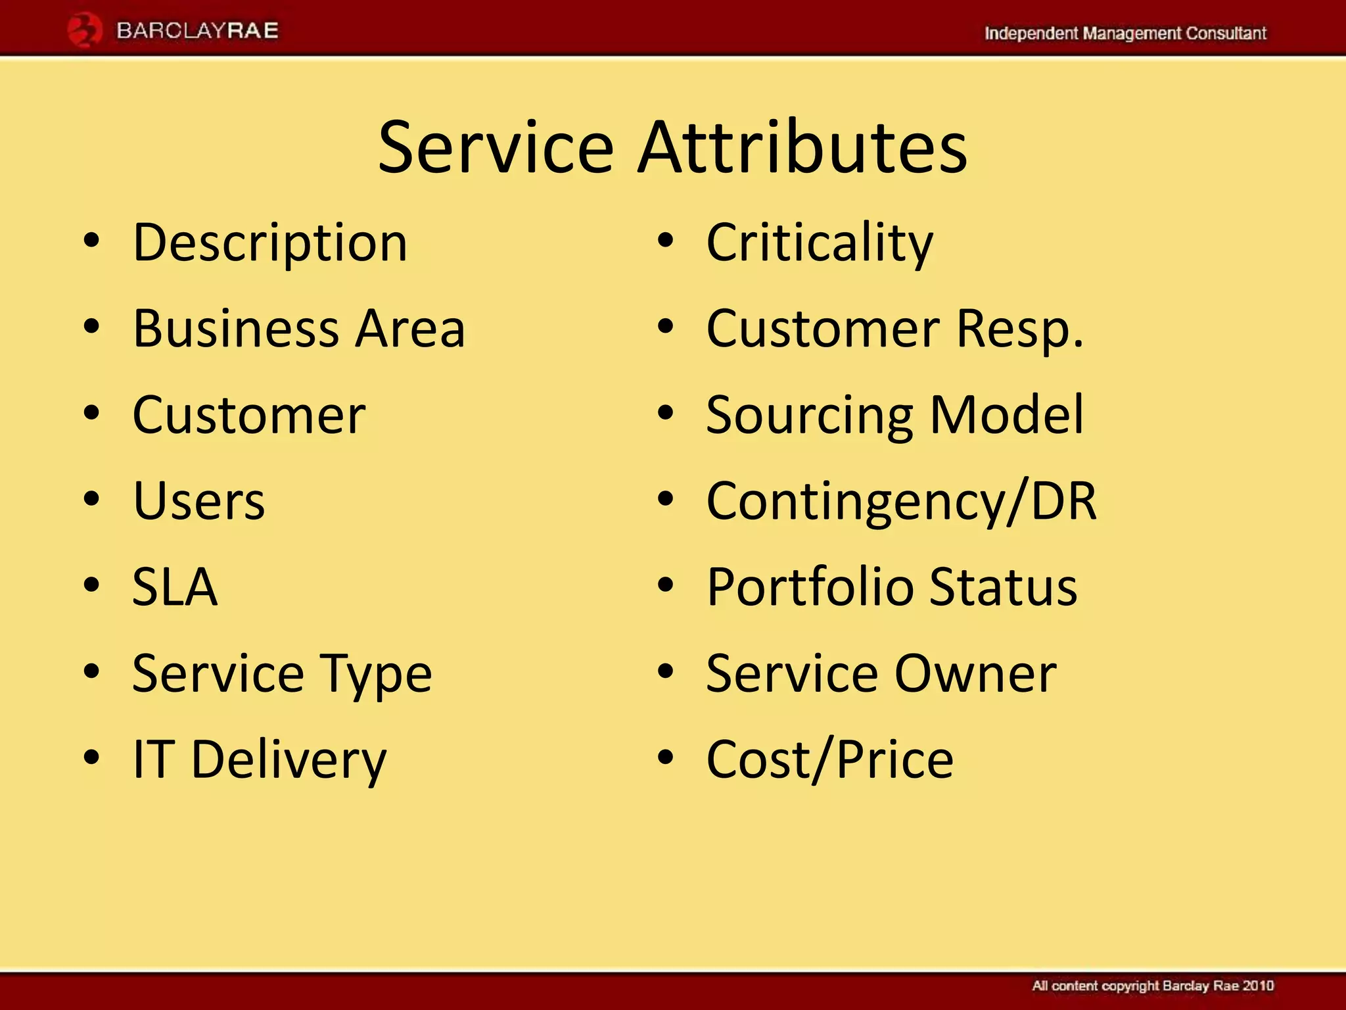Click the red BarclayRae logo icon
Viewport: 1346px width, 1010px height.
tap(85, 31)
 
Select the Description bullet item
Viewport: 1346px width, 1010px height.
tap(270, 243)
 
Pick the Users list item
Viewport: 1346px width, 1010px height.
tap(198, 501)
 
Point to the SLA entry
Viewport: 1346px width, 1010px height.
tap(174, 587)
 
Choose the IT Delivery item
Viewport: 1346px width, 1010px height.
tap(260, 759)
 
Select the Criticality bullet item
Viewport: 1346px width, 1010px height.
tap(819, 243)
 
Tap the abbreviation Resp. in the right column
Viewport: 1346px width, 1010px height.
tap(1019, 328)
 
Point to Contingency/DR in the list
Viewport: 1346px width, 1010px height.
tap(901, 501)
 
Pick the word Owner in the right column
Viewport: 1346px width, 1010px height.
tap(975, 673)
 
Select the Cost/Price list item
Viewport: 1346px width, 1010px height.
tap(829, 759)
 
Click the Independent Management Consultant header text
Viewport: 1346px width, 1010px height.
tap(1125, 34)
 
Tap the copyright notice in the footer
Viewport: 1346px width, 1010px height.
tap(1152, 986)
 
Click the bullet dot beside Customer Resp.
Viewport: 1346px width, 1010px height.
tap(666, 327)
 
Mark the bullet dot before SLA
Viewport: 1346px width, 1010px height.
tap(92, 585)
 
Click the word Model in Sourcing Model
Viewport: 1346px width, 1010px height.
tap(1006, 414)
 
